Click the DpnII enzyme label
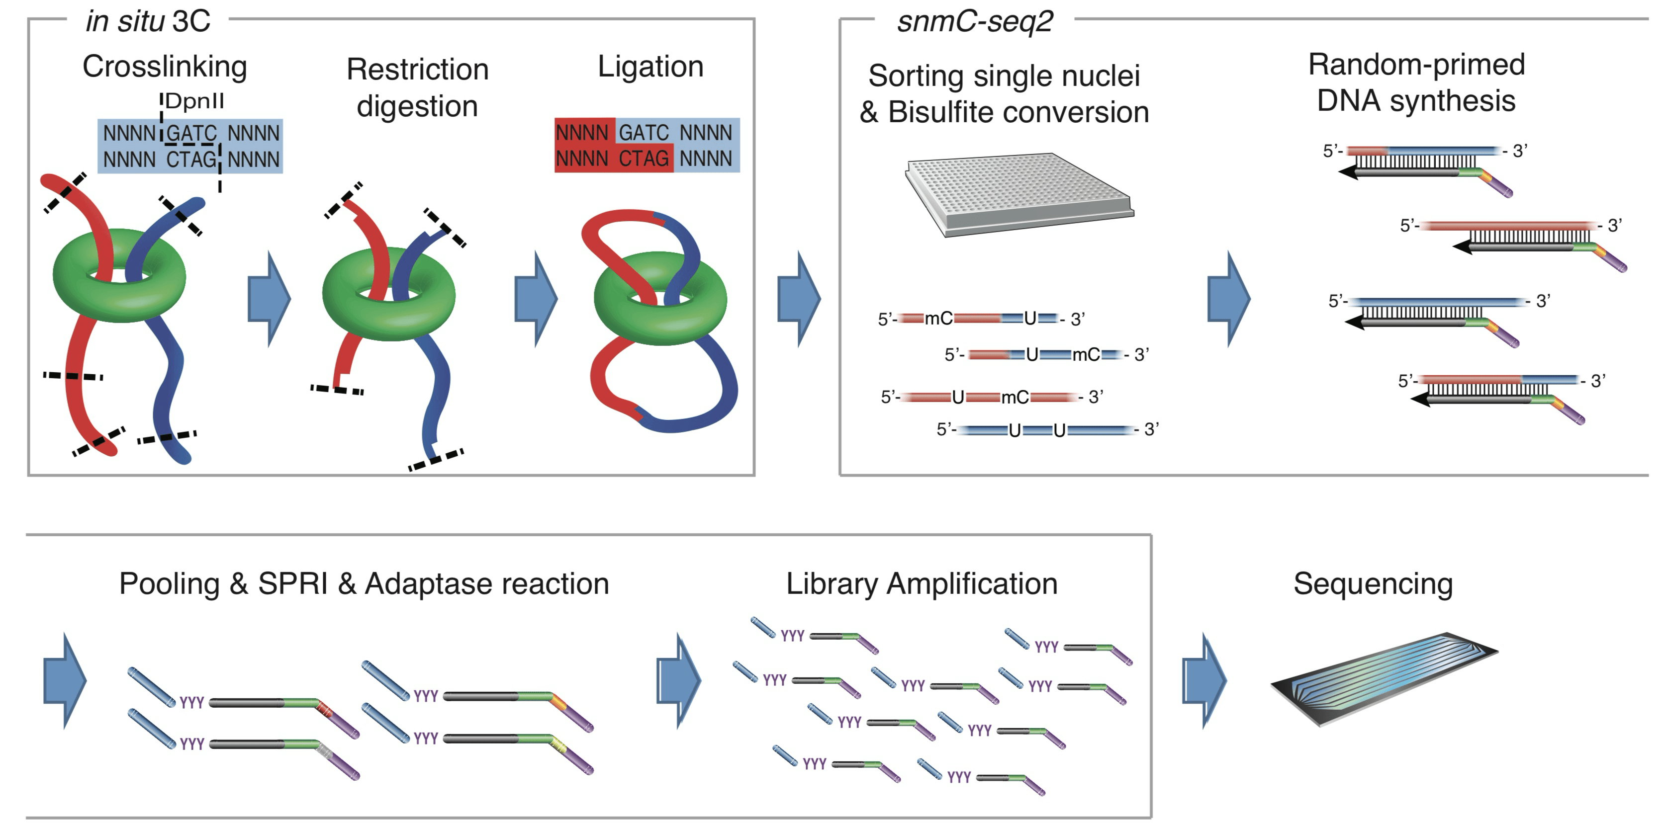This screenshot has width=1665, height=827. coord(194,101)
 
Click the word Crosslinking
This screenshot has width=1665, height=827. coord(165,67)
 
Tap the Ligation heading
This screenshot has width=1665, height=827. coord(650,67)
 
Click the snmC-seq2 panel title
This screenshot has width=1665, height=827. coord(975,21)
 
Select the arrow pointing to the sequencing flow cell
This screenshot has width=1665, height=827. coord(1203,680)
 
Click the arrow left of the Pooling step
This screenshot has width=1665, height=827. coord(64,680)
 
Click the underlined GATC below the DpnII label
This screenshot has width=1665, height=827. coord(191,133)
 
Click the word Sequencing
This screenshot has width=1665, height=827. coord(1373,583)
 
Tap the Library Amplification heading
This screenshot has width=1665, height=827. coord(922,583)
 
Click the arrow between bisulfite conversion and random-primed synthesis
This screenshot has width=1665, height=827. coord(1228,299)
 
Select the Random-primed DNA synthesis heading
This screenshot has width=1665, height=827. coord(1416,83)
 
